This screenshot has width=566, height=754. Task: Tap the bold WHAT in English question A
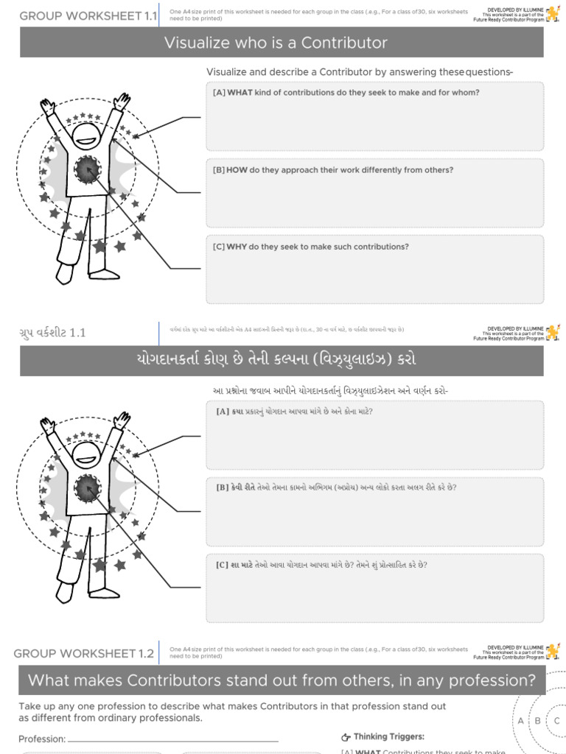(240, 93)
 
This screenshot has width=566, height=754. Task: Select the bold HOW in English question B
(237, 170)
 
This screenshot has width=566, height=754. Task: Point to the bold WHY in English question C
(237, 247)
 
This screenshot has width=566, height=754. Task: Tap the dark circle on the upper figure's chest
(87, 170)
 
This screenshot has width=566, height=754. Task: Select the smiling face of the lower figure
(87, 452)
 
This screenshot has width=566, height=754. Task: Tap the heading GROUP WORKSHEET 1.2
(84, 653)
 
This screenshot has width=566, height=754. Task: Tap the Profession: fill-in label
(42, 739)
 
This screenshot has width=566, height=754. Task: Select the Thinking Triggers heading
(388, 736)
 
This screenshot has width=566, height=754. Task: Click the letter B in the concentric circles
(538, 721)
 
